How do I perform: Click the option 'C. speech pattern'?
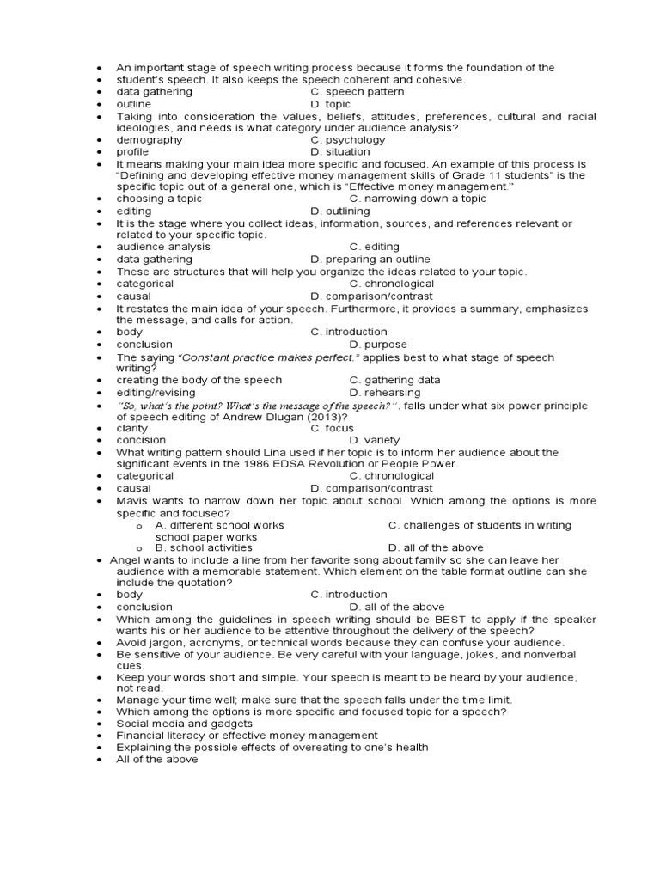point(357,92)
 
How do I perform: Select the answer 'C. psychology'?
point(347,139)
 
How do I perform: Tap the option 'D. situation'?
point(340,152)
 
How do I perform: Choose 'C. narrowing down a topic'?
point(418,199)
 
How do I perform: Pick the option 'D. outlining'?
point(340,211)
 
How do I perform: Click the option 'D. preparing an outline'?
point(370,259)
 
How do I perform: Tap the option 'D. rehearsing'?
point(385,393)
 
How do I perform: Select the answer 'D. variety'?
point(375,440)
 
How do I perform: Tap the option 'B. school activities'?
point(204,547)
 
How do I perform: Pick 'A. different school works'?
point(219,525)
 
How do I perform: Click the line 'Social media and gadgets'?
point(185,724)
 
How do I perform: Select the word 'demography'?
point(150,139)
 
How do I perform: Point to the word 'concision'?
point(142,440)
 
